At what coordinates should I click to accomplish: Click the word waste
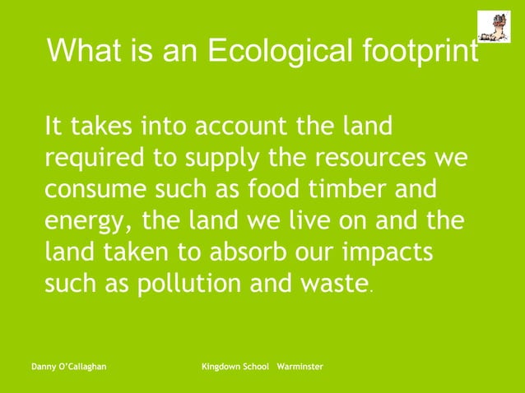(336, 284)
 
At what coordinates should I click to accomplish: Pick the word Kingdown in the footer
(222, 364)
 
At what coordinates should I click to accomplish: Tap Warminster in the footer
(300, 364)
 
